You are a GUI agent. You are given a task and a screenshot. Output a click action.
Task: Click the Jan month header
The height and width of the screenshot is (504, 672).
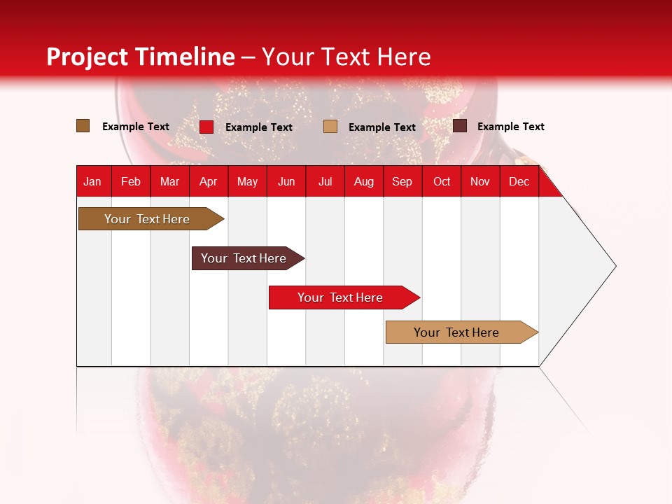coord(92,181)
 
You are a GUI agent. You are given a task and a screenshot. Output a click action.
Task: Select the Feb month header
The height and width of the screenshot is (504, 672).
coord(131,181)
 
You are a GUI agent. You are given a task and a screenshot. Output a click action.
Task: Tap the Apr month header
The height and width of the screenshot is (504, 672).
coord(209,181)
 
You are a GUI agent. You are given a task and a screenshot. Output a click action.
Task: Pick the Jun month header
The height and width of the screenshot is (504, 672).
coord(286,181)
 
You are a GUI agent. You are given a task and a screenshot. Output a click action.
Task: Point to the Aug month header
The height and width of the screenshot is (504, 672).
coord(364,181)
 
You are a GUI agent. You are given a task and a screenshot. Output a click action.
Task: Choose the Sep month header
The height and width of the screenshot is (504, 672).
coord(402,181)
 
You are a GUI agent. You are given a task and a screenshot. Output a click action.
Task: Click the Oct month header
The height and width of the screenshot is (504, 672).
coord(442,181)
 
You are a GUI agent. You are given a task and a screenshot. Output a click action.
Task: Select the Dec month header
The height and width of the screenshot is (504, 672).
coord(519,181)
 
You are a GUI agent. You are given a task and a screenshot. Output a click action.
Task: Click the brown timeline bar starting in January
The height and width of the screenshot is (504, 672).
coord(147,219)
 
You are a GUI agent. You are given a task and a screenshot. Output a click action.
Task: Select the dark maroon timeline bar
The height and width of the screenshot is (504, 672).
coord(244,258)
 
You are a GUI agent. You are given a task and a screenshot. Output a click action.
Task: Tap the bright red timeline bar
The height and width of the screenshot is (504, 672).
coord(340,297)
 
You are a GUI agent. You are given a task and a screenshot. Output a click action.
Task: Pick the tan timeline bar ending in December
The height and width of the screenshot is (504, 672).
coord(456,332)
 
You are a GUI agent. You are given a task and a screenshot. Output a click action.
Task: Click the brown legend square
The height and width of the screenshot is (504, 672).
coord(83,126)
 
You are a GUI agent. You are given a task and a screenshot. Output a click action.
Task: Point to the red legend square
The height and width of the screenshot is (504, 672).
coord(206,127)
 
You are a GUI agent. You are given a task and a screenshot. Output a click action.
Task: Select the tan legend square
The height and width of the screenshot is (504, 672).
coord(330,127)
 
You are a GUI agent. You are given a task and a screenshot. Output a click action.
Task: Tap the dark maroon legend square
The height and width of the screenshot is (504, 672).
coord(460,126)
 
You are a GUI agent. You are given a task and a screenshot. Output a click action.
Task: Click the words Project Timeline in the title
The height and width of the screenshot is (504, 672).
coord(141,57)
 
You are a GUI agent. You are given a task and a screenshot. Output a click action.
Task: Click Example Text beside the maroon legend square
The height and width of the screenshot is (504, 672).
coord(510,127)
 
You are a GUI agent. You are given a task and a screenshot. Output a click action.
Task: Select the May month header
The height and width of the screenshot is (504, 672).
coord(247,181)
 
